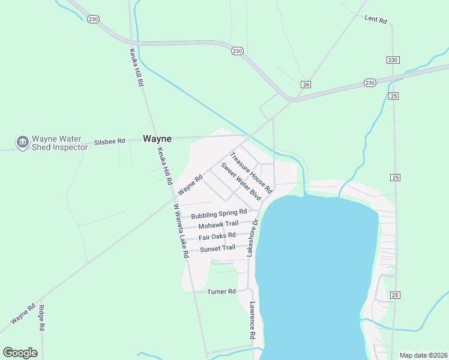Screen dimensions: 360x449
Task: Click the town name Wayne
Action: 157,139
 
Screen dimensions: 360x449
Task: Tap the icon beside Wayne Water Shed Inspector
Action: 23,142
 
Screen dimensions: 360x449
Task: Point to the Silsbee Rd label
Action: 109,142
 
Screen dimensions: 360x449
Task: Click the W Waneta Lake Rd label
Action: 181,231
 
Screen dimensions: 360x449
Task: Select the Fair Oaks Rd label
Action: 217,236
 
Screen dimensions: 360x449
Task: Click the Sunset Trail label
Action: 217,248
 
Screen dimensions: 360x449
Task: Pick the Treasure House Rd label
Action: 252,172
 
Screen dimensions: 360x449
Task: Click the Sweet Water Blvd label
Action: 241,181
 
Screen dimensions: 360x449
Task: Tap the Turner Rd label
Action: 221,292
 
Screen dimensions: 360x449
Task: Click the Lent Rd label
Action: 376,19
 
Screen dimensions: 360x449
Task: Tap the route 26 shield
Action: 306,84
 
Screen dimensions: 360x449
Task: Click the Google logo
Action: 20,353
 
